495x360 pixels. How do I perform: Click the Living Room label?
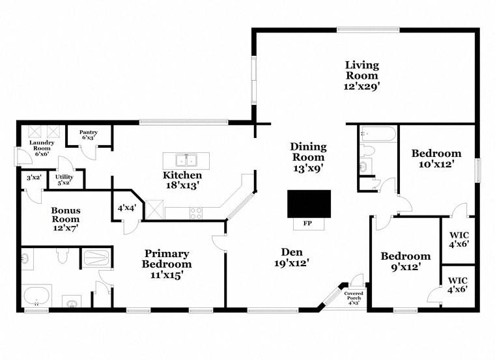[362, 75]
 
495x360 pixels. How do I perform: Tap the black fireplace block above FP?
[309, 204]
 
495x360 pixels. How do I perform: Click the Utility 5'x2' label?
[64, 180]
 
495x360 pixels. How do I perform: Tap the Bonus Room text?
[66, 215]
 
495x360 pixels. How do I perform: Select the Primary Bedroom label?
[167, 264]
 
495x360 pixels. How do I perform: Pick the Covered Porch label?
[354, 298]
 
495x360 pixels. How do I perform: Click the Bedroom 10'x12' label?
[436, 159]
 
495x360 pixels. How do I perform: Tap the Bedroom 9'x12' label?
[405, 261]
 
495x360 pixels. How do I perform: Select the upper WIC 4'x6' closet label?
[459, 238]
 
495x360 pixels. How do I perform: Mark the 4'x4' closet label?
[126, 208]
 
